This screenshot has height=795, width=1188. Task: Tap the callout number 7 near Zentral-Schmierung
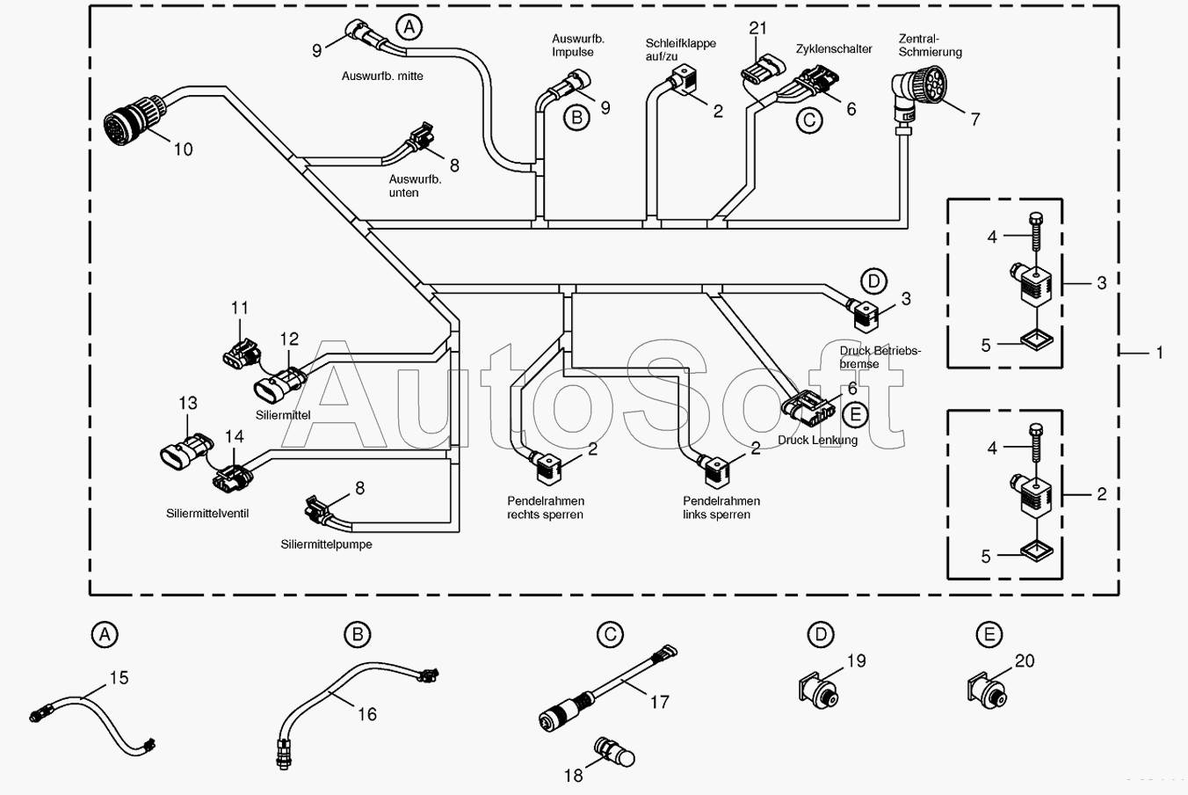click(974, 120)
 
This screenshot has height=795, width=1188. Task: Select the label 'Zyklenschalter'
click(834, 49)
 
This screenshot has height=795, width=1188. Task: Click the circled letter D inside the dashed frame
click(873, 281)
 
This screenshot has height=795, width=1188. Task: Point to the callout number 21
click(757, 27)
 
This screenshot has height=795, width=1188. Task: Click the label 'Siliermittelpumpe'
click(326, 544)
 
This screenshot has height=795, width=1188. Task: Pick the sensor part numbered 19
click(819, 690)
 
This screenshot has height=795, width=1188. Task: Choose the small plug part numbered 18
click(614, 751)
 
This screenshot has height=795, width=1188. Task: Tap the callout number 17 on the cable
click(659, 702)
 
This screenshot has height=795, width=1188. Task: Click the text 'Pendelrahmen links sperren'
click(721, 507)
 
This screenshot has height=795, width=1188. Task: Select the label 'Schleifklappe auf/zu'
click(680, 49)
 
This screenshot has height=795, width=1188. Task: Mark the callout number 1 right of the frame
click(1159, 353)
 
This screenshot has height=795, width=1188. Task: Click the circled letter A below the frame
click(105, 634)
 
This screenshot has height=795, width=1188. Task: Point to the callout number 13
click(188, 403)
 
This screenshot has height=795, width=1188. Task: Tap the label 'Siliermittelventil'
click(206, 514)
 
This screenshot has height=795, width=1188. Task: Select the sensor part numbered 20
click(988, 690)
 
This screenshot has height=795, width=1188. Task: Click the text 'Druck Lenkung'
click(817, 440)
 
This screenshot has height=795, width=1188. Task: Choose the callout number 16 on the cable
click(367, 714)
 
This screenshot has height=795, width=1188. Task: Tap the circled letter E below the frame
click(989, 634)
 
